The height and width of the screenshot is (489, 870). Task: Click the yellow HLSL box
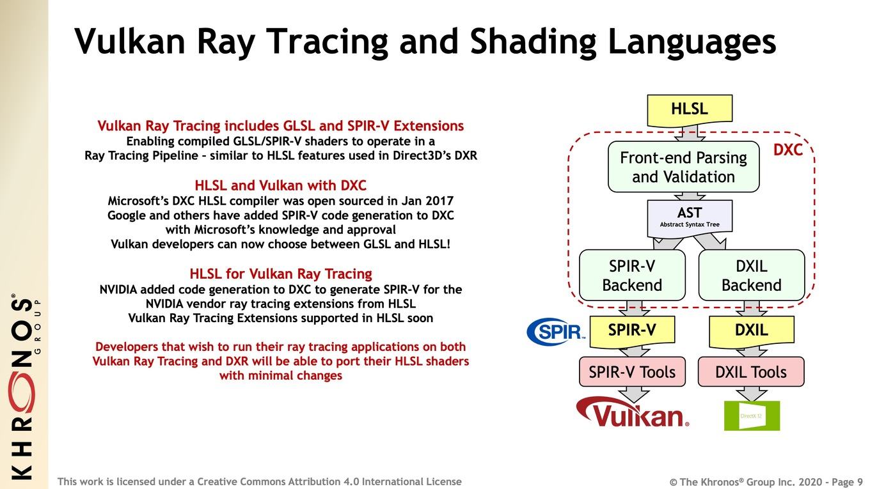point(690,110)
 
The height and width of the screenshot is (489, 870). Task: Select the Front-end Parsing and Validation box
point(684,167)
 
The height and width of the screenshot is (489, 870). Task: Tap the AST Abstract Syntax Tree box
point(690,218)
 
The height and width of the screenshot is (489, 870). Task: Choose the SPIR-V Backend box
point(632,275)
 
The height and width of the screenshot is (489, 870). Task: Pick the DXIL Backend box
point(752,275)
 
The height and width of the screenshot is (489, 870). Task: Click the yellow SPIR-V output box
point(632,331)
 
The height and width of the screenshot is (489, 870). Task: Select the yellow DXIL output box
point(752,331)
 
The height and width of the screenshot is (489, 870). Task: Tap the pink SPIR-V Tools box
point(632,372)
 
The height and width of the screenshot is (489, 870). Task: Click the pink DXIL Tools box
point(751,372)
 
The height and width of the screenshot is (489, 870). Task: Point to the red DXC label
point(787,150)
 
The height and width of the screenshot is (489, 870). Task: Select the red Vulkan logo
point(633,412)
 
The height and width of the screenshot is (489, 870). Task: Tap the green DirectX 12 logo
point(752,415)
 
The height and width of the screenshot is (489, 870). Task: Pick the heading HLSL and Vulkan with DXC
point(280,185)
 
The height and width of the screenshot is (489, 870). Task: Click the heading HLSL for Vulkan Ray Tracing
point(281,274)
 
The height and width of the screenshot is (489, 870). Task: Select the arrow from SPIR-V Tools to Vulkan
point(634,394)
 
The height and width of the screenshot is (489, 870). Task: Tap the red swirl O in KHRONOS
point(22,392)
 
